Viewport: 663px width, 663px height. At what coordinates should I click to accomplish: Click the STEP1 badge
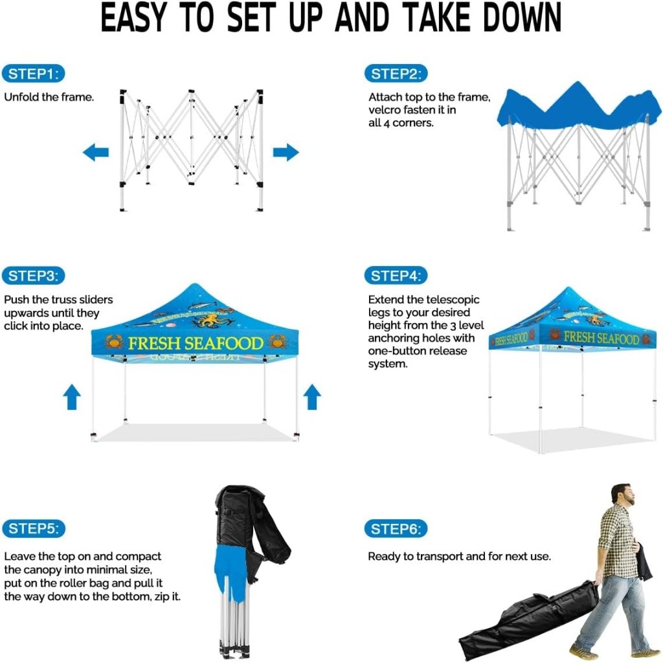34,74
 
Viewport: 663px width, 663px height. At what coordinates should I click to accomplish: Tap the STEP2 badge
396,74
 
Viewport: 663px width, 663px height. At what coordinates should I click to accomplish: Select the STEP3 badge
34,276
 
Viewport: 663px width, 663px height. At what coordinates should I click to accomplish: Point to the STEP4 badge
396,276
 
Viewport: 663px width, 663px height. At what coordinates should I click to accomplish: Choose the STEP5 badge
34,528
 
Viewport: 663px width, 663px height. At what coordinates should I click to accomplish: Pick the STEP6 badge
396,528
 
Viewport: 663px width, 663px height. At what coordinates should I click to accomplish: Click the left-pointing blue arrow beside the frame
96,152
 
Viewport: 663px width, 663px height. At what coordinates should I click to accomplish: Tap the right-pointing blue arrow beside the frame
286,152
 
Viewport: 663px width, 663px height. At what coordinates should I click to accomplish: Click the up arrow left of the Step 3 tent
72,397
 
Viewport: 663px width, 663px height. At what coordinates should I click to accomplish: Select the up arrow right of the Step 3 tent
312,397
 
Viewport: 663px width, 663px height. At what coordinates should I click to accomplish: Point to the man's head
622,495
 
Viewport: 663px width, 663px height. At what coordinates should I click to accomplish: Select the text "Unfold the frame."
49,97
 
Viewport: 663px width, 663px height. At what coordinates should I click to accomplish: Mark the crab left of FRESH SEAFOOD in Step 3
114,342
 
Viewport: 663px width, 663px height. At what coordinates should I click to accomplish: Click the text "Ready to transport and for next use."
460,556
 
